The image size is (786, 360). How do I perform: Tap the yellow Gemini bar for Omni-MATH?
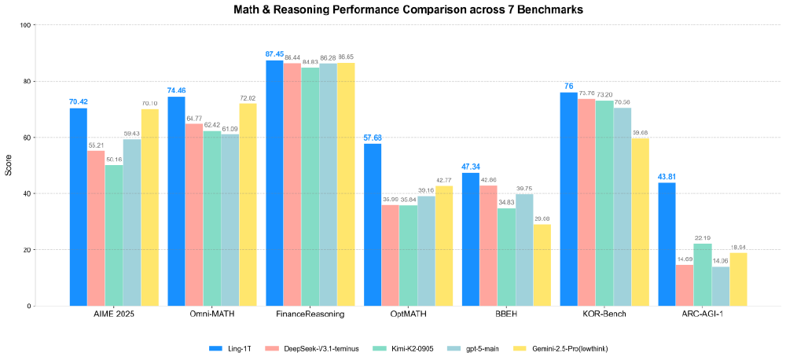pos(248,204)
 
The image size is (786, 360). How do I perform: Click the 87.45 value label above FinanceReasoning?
pos(274,54)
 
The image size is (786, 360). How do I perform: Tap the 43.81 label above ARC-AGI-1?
pos(667,176)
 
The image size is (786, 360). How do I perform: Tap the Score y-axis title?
pos(9,165)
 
